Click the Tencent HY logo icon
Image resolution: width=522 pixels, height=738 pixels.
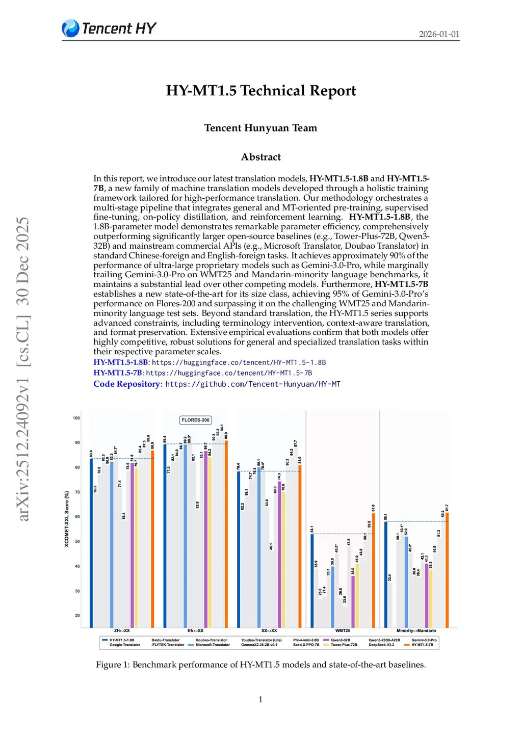tap(70, 29)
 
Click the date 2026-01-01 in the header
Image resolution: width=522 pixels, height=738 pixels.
tap(439, 34)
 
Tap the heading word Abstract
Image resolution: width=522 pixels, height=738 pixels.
tap(260, 157)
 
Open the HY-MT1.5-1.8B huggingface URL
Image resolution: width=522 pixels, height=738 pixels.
tap(239, 362)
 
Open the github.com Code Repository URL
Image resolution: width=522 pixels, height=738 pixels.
tap(253, 384)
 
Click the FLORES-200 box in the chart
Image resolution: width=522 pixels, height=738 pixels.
tap(196, 420)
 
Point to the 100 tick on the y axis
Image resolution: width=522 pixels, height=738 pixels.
tap(76, 418)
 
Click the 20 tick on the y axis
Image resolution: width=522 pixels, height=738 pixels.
tap(77, 615)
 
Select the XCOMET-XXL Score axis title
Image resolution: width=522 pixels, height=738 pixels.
tap(67, 519)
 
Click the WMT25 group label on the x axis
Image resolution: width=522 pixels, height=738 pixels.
tap(343, 631)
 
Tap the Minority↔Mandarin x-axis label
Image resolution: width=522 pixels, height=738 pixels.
tap(416, 631)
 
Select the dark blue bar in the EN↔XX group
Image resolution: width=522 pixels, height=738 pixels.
tap(165, 535)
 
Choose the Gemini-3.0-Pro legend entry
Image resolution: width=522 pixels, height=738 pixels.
tap(424, 640)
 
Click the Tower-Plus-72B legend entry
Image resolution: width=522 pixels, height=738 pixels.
tap(344, 645)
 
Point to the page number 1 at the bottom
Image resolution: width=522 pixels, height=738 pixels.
tap(260, 700)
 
